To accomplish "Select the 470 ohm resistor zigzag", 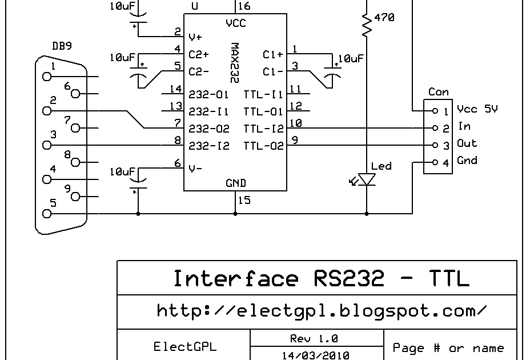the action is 367,25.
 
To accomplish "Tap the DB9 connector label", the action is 62,46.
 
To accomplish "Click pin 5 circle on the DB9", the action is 47,214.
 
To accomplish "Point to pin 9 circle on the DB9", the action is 75,197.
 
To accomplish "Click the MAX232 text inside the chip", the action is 234,63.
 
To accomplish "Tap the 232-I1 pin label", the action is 209,111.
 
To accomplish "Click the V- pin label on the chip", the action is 195,168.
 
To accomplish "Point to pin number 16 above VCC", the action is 244,6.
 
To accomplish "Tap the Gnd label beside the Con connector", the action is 467,160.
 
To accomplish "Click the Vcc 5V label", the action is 477,109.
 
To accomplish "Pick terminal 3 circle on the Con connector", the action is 435,145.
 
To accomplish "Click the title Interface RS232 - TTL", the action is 321,278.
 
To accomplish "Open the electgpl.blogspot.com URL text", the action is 322,311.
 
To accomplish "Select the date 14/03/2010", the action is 316,355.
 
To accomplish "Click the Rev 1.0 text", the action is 314,338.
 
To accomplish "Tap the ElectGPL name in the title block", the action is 184,346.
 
